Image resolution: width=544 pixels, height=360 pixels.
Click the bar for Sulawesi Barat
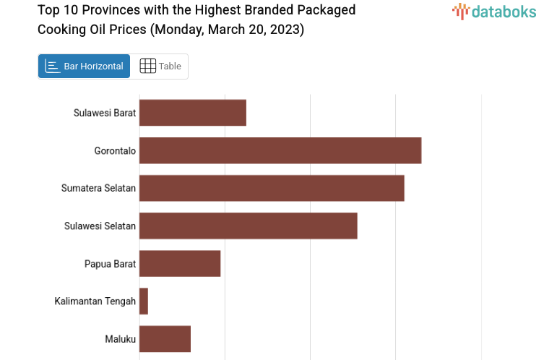[193, 113]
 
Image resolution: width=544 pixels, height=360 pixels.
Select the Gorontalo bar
[280, 150]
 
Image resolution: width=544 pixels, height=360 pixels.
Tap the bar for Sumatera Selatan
[272, 188]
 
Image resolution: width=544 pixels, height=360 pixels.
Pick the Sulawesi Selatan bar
[249, 226]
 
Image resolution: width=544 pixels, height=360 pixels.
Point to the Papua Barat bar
[180, 264]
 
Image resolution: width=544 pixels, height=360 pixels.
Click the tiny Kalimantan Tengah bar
[144, 301]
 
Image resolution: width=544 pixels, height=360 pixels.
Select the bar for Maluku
[165, 339]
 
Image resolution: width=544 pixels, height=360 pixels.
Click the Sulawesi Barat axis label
[105, 113]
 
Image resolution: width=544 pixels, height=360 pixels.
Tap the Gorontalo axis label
[115, 150]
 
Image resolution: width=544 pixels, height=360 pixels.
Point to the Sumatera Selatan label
[98, 188]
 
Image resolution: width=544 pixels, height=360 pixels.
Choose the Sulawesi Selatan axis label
[100, 226]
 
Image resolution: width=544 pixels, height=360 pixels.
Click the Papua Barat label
[110, 264]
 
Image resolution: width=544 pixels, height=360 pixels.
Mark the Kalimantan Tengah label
[95, 301]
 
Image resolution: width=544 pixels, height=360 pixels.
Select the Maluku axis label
[119, 339]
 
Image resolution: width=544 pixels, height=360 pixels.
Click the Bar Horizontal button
[84, 66]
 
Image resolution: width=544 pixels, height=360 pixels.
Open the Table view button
[160, 66]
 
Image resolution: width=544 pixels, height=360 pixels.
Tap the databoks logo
[494, 11]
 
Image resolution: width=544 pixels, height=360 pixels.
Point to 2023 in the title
[288, 29]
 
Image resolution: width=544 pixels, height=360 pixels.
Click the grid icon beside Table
[147, 66]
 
